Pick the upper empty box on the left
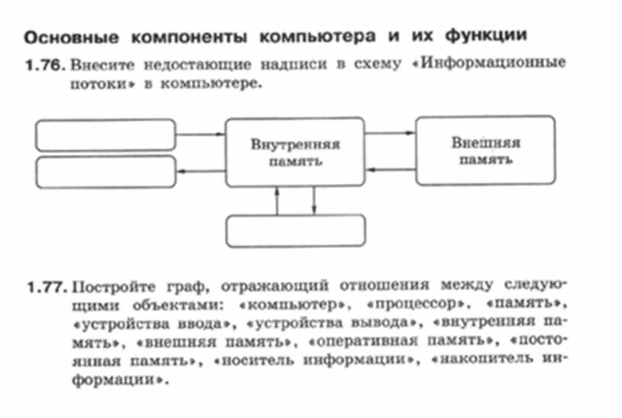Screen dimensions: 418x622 tap(107, 135)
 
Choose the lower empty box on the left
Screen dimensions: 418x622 tap(107, 171)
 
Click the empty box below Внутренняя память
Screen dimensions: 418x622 tap(297, 231)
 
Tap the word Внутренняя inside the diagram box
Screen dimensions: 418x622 tap(295, 143)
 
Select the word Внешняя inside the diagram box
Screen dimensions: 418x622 tap(485, 143)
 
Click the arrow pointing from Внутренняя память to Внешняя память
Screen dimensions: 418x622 tap(390, 133)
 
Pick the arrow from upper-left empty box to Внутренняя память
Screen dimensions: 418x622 tap(201, 134)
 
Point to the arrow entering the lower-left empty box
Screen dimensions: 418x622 tap(201, 171)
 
